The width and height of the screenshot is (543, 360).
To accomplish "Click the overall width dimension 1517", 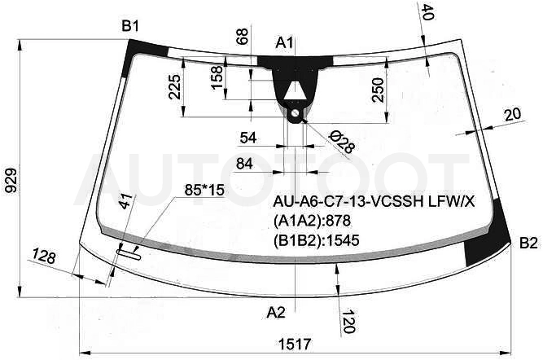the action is click(x=295, y=344).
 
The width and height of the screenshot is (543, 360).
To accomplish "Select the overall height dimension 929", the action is click(x=11, y=180).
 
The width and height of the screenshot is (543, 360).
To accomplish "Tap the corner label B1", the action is click(x=130, y=26).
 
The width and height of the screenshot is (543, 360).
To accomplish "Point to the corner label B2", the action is click(x=528, y=244).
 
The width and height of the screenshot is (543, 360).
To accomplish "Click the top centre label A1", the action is click(x=284, y=43).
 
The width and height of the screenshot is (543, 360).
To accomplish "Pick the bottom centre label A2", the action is click(x=276, y=313).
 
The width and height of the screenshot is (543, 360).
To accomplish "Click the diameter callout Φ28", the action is click(x=342, y=142).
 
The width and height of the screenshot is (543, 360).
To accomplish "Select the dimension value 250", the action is click(x=379, y=90).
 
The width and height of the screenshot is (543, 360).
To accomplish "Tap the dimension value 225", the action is click(x=174, y=86).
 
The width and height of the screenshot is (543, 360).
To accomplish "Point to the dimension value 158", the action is click(x=217, y=77).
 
